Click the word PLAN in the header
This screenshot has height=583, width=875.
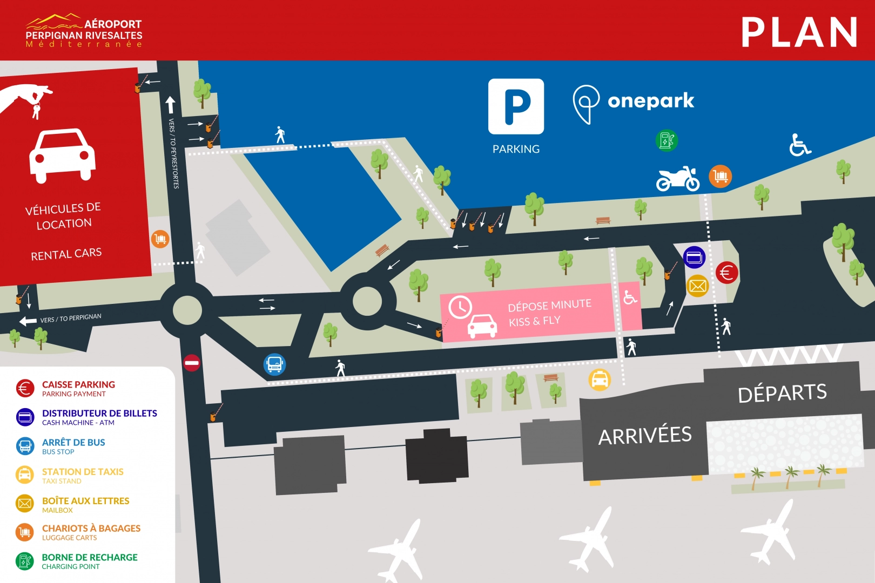click(x=799, y=32)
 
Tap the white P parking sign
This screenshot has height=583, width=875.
click(x=516, y=106)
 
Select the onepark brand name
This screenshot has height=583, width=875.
click(x=650, y=101)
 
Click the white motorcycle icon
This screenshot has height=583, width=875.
click(x=678, y=179)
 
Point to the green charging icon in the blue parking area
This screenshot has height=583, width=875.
click(x=667, y=140)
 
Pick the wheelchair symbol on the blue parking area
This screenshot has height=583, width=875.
click(x=799, y=145)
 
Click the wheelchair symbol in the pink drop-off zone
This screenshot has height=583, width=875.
click(x=630, y=297)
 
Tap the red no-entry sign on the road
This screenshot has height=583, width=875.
click(x=192, y=363)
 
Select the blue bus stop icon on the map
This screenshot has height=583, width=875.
click(x=274, y=364)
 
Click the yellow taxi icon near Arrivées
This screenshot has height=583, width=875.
click(x=600, y=380)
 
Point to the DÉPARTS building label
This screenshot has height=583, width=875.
click(x=782, y=393)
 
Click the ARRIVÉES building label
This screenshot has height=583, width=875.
click(x=645, y=436)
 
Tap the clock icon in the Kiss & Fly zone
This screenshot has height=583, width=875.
click(x=460, y=307)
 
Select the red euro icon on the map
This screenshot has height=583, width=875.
click(x=726, y=273)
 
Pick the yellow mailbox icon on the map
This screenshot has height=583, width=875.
click(x=697, y=286)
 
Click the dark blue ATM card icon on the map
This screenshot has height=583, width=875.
click(x=694, y=257)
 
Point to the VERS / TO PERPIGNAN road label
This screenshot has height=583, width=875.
click(x=71, y=318)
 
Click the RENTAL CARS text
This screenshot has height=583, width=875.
click(x=66, y=254)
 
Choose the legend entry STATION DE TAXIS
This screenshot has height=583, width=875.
click(x=83, y=472)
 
